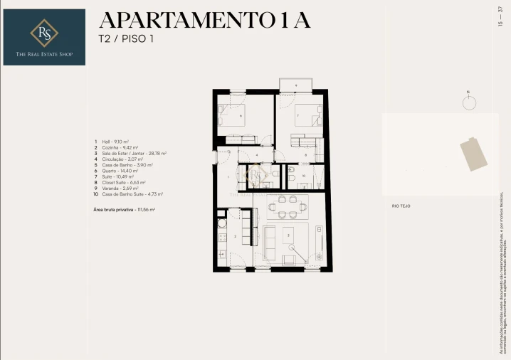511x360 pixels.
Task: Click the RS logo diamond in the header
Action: click(x=44, y=31)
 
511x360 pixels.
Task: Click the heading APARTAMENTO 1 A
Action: click(x=204, y=20)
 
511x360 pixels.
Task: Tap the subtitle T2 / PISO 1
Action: click(x=125, y=39)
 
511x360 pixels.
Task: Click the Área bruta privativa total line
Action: click(x=124, y=210)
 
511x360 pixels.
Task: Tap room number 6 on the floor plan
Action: click(x=241, y=116)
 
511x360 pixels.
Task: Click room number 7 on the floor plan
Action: click(x=297, y=115)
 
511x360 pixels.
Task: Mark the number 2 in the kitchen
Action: click(x=236, y=235)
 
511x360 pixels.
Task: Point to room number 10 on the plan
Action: click(x=302, y=176)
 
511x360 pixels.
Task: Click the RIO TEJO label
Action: click(x=401, y=206)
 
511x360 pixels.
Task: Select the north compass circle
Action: click(x=468, y=103)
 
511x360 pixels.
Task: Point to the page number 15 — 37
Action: click(x=501, y=16)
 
